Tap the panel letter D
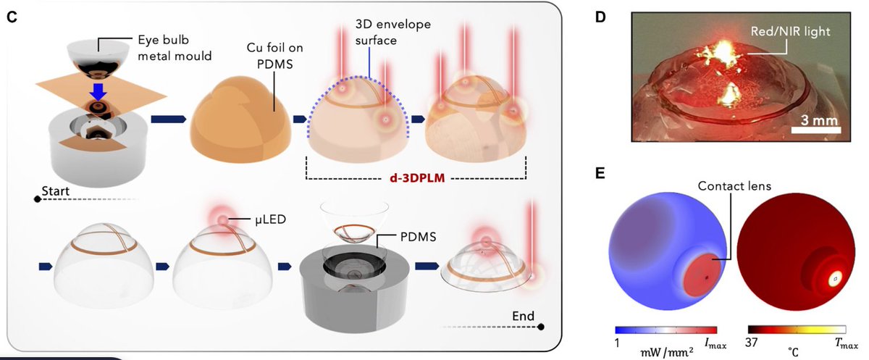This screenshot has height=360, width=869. point(600,16)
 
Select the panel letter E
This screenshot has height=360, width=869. point(600,175)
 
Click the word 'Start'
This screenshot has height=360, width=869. point(59,189)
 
